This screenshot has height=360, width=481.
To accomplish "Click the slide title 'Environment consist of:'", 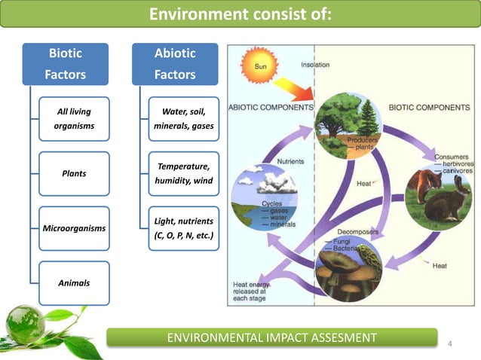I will [240, 14].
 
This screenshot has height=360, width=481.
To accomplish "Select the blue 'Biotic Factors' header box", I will [65, 64].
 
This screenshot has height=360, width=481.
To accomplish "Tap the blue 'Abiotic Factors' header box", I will [175, 64].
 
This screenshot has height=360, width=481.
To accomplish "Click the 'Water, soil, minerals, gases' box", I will [184, 119].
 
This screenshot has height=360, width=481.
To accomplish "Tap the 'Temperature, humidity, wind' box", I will [184, 173].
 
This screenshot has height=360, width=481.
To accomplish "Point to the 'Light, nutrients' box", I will [184, 228].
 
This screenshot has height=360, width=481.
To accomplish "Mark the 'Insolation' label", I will [315, 65].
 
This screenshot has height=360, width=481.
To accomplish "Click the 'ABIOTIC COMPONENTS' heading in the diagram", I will [270, 108].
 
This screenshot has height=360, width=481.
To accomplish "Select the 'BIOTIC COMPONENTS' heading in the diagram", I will [429, 108].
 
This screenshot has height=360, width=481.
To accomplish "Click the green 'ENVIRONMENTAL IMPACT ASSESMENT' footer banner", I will [271, 337].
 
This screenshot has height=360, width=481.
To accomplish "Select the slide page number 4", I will [450, 344].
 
